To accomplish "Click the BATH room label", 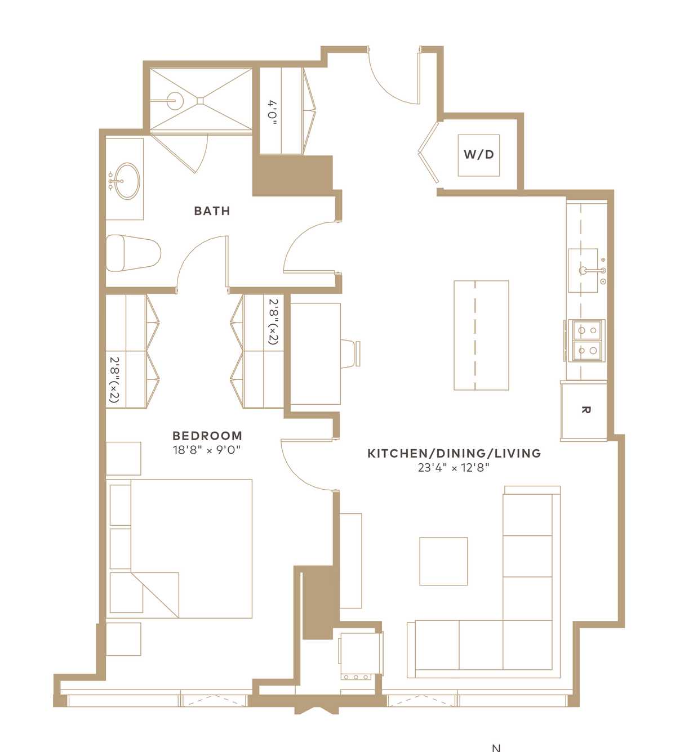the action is [212, 211].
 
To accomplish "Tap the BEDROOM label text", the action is [207, 436].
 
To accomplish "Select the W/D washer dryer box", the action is [478, 155].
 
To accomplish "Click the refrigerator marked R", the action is [584, 410].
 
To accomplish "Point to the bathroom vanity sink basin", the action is [127, 181].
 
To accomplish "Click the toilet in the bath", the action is [133, 253].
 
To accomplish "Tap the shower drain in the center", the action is [200, 100].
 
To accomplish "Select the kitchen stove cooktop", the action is [586, 341].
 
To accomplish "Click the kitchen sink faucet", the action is [593, 270].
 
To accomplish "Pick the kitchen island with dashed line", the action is [481, 335].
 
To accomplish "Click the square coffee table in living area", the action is [443, 561].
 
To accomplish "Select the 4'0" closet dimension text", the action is [273, 112].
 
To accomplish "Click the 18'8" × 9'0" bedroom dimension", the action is [207, 450].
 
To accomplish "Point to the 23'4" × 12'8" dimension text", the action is [454, 468].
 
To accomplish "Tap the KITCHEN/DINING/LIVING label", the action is [454, 454].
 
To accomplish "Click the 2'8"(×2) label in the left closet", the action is [114, 379].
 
